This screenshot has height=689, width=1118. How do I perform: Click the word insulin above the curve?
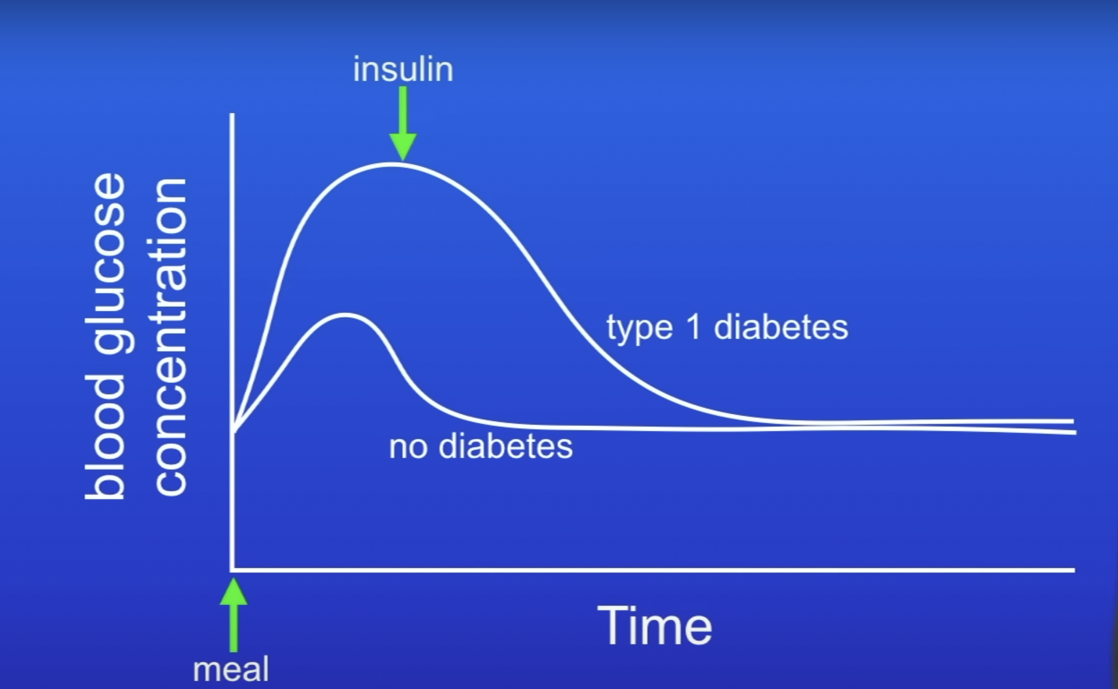pos(403,69)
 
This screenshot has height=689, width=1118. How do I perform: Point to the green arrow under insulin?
pos(403,124)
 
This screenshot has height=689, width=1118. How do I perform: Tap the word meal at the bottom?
pos(231,669)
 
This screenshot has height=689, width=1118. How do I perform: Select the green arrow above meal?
pos(234,615)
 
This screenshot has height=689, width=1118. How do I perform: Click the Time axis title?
pos(655,626)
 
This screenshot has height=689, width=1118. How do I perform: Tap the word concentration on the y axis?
pos(170,337)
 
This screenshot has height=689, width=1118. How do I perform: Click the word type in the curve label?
pos(640,328)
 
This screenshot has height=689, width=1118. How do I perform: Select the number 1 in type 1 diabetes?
pos(694,327)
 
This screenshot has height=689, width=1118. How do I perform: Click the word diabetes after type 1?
pos(781,327)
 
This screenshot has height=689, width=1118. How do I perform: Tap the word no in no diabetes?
pos(408,447)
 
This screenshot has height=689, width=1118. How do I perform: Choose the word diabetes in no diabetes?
pos(506,446)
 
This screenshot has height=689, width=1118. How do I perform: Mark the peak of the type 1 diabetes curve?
pos(391,164)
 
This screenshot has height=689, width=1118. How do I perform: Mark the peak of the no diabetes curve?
pos(345,315)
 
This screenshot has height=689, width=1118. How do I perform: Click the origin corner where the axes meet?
pos(232,570)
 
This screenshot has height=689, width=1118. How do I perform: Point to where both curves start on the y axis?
pos(233,431)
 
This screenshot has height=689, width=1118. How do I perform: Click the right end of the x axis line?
pos(1074,570)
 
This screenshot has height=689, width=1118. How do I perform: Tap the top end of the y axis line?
pos(232,114)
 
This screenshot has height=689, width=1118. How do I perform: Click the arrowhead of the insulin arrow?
pos(403,148)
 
